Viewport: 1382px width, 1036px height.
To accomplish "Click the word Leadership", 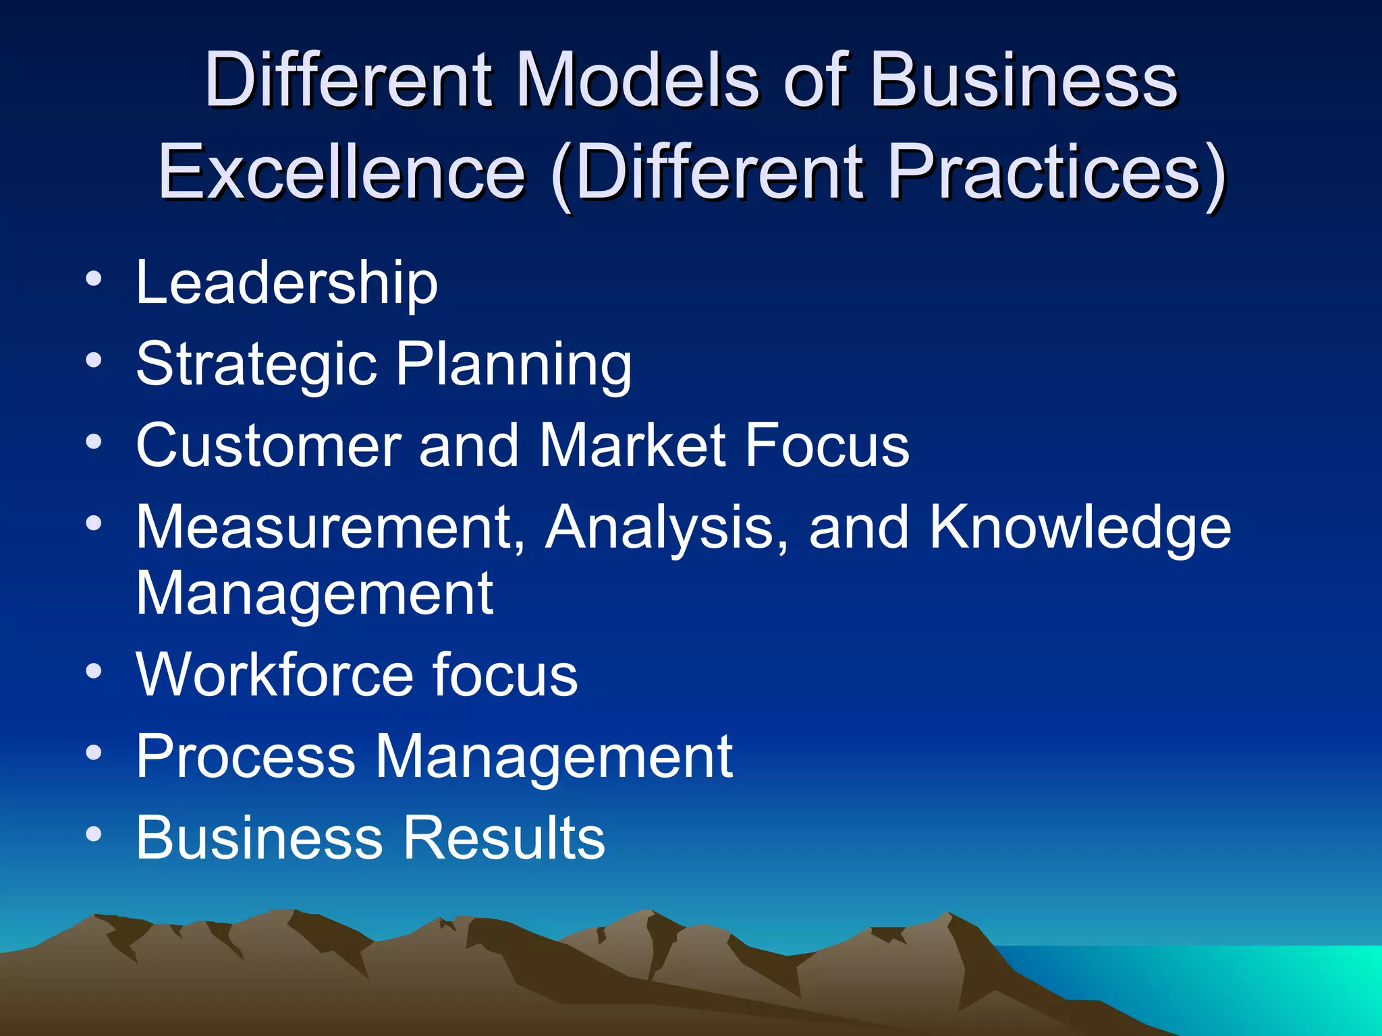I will (287, 283).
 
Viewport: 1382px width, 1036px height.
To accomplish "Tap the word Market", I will (633, 445).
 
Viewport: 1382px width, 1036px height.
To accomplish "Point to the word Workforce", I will (273, 674).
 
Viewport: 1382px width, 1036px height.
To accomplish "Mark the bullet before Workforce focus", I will (94, 671).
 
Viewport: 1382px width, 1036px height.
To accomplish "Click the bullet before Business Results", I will (94, 834).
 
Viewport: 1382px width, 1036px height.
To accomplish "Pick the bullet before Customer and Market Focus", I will (94, 442).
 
